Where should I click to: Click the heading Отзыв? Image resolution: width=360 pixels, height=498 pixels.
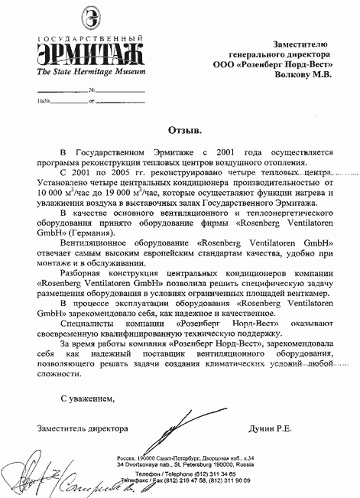(x=180, y=122)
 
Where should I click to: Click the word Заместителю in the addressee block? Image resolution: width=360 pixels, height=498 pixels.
(x=299, y=44)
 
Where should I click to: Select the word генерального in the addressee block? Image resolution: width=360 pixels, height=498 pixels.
(x=258, y=55)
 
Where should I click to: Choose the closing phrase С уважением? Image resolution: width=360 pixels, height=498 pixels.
(x=88, y=399)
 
